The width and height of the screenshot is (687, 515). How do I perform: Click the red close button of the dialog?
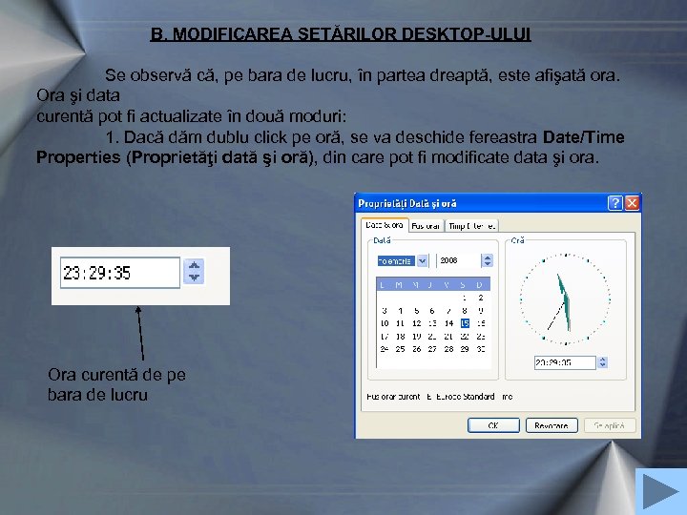coord(632,203)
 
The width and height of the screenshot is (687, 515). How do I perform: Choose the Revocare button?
coord(552,425)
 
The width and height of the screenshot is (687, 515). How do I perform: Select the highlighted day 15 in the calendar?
coord(464,323)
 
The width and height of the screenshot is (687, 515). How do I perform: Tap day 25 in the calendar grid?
coord(400,349)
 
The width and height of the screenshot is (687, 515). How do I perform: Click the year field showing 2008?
coord(458,260)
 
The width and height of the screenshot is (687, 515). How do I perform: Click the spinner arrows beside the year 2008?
coord(487,260)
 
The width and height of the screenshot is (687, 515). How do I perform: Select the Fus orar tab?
coord(427,226)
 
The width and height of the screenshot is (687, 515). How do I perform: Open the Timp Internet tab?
coord(471,226)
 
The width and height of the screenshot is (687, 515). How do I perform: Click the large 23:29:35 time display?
coord(119,273)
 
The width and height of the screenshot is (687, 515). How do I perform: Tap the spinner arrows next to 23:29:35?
coord(194,273)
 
